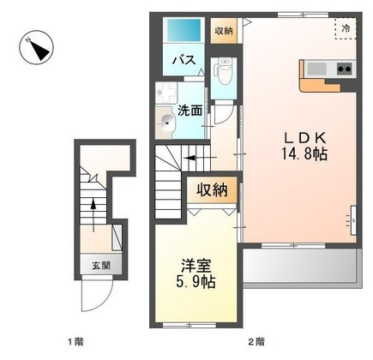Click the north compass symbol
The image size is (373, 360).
tap(37, 47)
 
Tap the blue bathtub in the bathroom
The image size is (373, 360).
tap(183, 30)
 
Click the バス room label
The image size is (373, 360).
tap(184, 60)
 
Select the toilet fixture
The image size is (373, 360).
tap(224, 70)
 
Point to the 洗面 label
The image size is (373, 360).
tap(190, 111)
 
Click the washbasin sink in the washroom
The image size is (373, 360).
tap(165, 122)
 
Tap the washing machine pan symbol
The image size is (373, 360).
tap(165, 93)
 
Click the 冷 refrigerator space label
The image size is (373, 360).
tap(346, 28)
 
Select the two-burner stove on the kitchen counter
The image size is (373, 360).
tap(345, 69)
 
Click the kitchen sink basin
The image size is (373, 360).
tap(316, 69)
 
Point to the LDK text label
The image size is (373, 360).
tap(304, 139)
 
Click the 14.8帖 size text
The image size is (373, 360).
tap(304, 153)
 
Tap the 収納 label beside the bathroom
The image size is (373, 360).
tap(224, 31)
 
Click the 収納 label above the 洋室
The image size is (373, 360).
tap(212, 190)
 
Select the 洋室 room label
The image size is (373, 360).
tap(196, 267)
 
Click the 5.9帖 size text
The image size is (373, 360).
tap(196, 282)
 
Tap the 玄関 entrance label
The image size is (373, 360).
tap(101, 266)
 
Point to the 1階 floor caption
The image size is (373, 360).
tap(75, 341)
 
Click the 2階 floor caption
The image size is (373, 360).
tap(256, 341)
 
